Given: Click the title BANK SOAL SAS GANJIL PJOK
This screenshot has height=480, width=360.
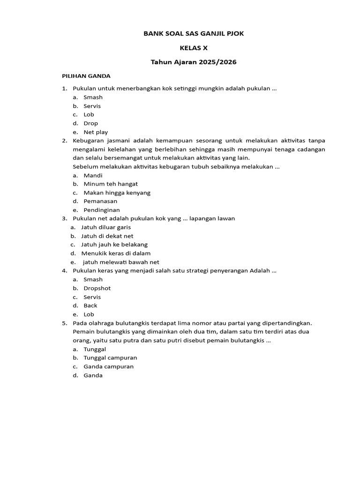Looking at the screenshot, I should tap(193, 34).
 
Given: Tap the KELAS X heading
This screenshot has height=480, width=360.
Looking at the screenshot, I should tap(194, 48).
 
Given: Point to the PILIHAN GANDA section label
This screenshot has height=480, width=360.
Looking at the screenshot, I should tap(86, 76).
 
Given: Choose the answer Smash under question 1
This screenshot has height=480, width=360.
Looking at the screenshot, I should tap(93, 97).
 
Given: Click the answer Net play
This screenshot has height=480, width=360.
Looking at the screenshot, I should tap(96, 132).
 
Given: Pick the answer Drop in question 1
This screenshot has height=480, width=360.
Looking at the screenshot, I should tap(91, 123).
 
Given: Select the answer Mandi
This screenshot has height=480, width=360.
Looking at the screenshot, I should tap(93, 175).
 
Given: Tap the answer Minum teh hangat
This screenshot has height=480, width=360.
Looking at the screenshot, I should tap(111, 184).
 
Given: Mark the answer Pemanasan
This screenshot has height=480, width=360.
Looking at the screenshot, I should tap(100, 201).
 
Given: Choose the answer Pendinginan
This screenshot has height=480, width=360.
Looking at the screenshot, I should tap(102, 210).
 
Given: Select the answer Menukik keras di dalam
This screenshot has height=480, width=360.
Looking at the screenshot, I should tap(116, 253).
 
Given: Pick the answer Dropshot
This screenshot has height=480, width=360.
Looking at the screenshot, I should tap(97, 288).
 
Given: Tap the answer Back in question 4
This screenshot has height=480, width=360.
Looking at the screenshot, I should tap(90, 306).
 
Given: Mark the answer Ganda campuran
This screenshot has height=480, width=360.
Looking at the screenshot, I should tap(108, 367).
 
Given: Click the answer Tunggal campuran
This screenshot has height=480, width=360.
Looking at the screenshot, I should tap(110, 358).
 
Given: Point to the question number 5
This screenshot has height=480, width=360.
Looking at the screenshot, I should tap(64, 323).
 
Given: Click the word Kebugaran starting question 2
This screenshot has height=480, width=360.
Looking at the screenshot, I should tap(90, 141).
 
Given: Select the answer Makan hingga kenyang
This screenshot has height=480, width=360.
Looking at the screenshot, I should tap(117, 193).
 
